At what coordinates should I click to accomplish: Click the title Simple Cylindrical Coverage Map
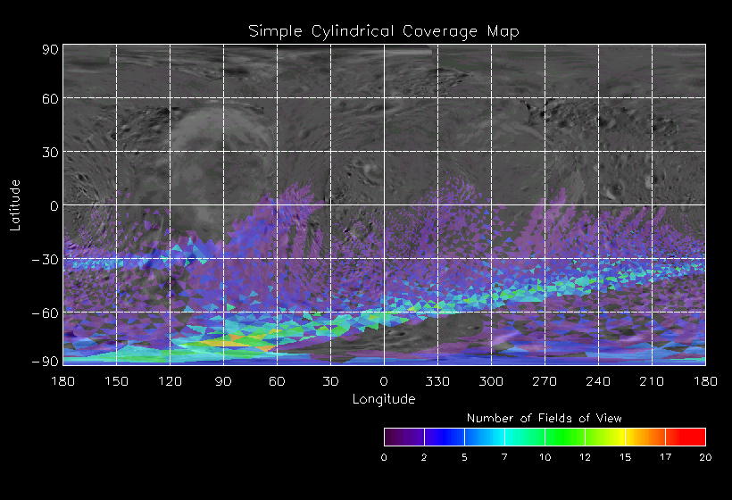(x=384, y=31)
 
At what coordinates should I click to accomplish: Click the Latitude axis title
(x=15, y=204)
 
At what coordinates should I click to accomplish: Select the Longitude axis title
(x=384, y=399)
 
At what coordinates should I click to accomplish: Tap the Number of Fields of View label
(x=545, y=418)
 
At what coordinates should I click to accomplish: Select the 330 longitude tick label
(x=437, y=381)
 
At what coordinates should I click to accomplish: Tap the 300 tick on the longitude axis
(x=491, y=381)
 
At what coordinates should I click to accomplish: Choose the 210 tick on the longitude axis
(x=652, y=381)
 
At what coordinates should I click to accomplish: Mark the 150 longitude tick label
(x=117, y=381)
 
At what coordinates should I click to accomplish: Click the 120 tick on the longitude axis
(x=171, y=381)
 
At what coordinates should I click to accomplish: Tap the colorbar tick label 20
(x=705, y=457)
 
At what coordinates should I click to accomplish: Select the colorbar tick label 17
(x=665, y=457)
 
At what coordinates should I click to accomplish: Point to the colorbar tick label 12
(x=585, y=457)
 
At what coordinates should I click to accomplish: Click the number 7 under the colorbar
(x=504, y=457)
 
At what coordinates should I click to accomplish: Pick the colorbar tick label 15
(x=625, y=457)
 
